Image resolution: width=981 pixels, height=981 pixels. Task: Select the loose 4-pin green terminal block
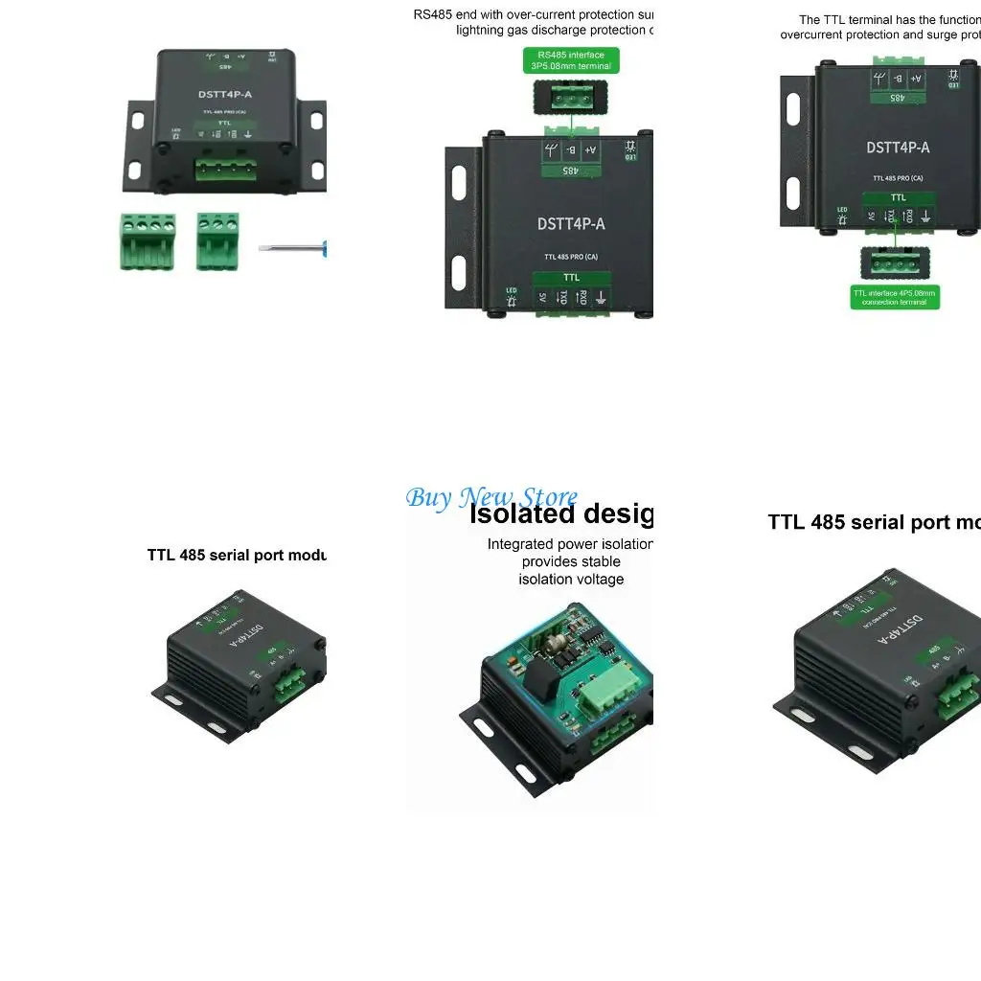[148, 241]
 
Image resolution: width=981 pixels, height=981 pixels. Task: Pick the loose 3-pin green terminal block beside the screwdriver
[217, 240]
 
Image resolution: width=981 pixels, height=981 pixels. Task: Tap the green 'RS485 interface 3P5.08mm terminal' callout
[571, 61]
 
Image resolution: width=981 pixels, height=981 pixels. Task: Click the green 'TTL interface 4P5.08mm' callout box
[895, 297]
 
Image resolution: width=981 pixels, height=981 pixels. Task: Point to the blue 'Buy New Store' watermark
[490, 497]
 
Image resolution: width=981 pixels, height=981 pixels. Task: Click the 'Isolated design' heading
[560, 514]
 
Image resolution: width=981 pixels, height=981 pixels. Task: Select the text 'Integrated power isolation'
[570, 544]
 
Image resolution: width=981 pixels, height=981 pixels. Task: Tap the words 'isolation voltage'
[571, 579]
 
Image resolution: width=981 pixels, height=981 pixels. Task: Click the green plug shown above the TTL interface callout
[894, 262]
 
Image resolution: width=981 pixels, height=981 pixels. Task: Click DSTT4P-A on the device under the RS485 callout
[571, 224]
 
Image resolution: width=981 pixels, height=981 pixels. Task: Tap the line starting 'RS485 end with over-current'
[533, 14]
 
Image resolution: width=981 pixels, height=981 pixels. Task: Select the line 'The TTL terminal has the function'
[888, 19]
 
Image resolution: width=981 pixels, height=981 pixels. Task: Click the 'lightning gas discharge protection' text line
[554, 31]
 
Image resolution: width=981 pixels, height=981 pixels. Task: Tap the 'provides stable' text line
[571, 561]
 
